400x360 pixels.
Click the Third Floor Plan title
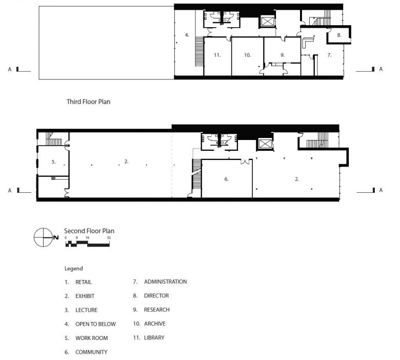(x=89, y=102)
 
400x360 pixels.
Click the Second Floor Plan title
(x=89, y=231)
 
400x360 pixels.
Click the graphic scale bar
(x=88, y=244)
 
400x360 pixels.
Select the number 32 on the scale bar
(x=109, y=238)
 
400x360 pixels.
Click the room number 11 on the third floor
(x=217, y=55)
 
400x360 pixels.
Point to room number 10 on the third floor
(x=248, y=55)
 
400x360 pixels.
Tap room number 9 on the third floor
(x=283, y=55)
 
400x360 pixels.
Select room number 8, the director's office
(x=339, y=35)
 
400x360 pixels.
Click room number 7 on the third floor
(x=329, y=55)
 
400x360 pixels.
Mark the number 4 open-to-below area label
(x=187, y=35)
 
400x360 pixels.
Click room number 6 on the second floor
(x=226, y=179)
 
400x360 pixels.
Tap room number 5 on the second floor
(x=53, y=162)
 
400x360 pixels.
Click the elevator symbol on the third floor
(x=267, y=22)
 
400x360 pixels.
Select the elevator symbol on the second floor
(x=265, y=144)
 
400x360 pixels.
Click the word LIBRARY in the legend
(x=154, y=337)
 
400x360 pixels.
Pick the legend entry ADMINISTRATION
(x=165, y=282)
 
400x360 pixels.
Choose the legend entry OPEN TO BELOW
(x=96, y=324)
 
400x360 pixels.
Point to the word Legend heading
(x=74, y=268)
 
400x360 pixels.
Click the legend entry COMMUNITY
(x=91, y=352)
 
